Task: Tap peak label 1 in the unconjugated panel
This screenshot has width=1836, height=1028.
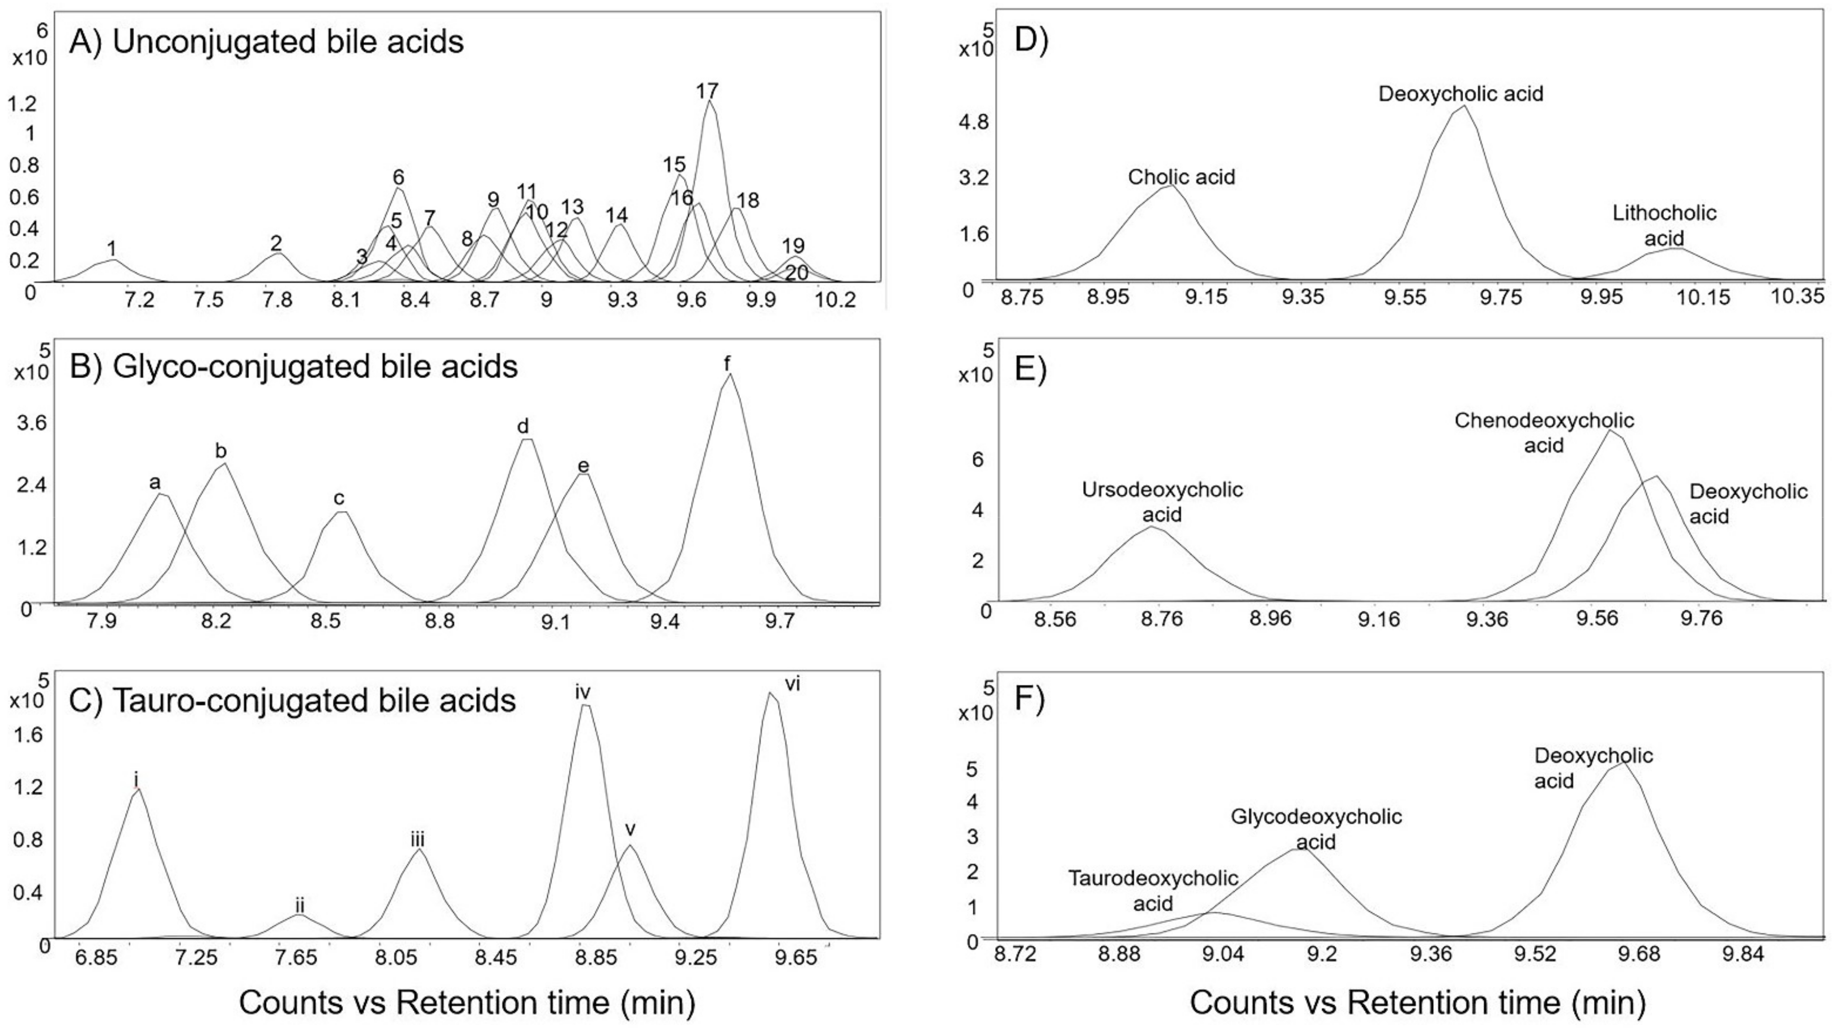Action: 112,248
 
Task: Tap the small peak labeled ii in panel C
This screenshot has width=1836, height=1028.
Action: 300,906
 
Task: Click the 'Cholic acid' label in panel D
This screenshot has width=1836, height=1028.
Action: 1181,177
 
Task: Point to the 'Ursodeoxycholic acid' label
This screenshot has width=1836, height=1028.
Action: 1162,502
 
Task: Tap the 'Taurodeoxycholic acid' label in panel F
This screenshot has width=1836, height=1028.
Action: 1152,890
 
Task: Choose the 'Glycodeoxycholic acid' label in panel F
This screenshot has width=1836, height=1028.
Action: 1316,829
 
